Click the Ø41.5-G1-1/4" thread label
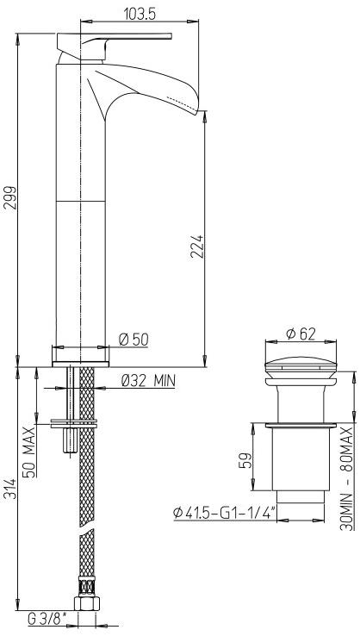223,514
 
